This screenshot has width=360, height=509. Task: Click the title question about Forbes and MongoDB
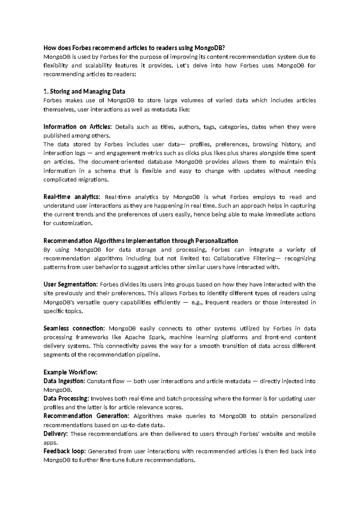pyautogui.click(x=134, y=48)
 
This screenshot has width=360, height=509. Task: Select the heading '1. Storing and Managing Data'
pyautogui.click(x=84, y=92)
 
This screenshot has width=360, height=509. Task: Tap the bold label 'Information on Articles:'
pyautogui.click(x=78, y=127)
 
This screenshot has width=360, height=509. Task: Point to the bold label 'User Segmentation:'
pyautogui.click(x=70, y=284)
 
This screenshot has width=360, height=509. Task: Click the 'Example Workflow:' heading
pyautogui.click(x=70, y=372)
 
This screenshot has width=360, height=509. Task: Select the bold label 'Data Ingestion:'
pyautogui.click(x=64, y=381)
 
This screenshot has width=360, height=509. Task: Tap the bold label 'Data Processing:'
pyautogui.click(x=66, y=399)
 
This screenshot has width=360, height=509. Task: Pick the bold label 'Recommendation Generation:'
pyautogui.click(x=86, y=416)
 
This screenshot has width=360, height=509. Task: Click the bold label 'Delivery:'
pyautogui.click(x=56, y=434)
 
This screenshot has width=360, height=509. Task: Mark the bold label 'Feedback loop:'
pyautogui.click(x=64, y=451)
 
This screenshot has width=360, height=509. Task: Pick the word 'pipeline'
pyautogui.click(x=149, y=355)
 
